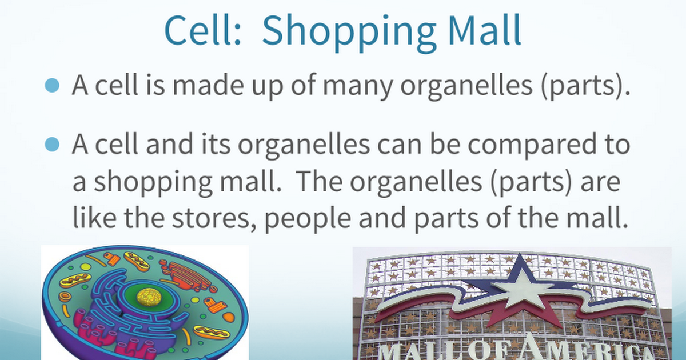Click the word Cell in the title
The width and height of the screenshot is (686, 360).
click(x=202, y=30)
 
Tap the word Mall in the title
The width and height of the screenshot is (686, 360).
click(x=485, y=30)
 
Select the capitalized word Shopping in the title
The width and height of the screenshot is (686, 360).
click(x=349, y=33)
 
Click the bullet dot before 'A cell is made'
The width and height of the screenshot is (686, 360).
click(x=52, y=85)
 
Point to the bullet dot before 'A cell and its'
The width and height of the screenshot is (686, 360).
click(x=52, y=144)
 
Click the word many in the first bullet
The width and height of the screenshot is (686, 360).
click(x=358, y=87)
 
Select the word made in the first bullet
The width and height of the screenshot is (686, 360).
click(x=208, y=84)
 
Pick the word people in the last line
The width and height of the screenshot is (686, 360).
click(x=308, y=219)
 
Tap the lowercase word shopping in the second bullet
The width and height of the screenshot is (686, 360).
click(x=153, y=184)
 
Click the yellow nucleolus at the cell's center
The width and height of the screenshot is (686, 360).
click(x=149, y=297)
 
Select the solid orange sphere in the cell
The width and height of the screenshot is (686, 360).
click(x=229, y=317)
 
